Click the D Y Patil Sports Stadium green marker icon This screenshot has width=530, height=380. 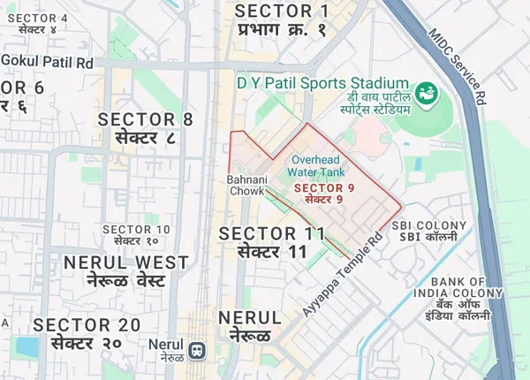coord(427,92)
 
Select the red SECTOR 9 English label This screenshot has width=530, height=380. coord(324,187)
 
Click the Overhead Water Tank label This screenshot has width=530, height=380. coord(318,165)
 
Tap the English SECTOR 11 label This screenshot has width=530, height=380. coord(272,233)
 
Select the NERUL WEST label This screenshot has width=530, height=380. coord(125,262)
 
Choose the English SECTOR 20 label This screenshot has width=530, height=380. coord(87,324)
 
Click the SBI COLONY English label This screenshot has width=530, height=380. coord(428,225)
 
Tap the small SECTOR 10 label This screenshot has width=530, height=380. coord(136,230)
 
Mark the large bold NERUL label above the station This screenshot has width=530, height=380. coord(249,317)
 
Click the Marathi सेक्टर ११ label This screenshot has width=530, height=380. coord(272,252)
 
